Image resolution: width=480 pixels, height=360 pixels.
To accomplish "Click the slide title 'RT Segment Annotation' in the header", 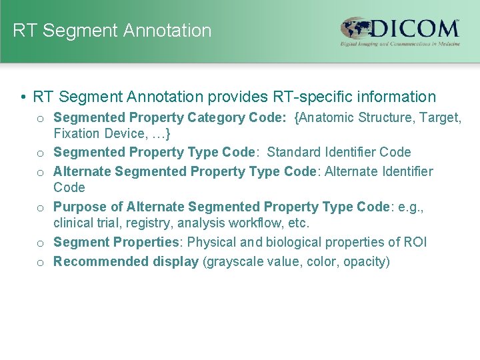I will (112, 31).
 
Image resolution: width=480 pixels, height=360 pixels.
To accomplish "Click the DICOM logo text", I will (415, 29).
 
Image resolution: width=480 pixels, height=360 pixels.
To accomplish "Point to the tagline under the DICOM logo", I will (400, 44).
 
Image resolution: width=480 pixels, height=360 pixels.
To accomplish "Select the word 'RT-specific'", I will (311, 97).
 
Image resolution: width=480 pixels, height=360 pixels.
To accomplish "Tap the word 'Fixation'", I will (75, 133).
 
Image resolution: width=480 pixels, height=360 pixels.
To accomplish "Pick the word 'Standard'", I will (294, 152).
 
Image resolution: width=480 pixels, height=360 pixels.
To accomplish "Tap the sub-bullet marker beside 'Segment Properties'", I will (41, 243).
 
